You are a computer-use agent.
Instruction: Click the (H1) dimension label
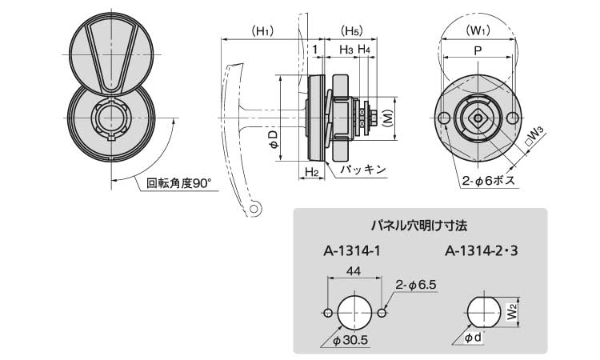[261, 31]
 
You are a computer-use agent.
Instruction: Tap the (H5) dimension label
[350, 31]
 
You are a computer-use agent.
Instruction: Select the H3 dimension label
[346, 50]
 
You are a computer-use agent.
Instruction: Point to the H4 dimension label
[364, 50]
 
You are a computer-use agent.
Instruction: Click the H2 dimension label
[313, 172]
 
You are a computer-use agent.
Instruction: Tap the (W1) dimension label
[478, 32]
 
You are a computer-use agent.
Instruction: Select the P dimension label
[478, 50]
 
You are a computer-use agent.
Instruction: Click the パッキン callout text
[362, 170]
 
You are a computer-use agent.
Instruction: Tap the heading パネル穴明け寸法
[420, 225]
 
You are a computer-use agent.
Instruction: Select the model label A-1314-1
[352, 251]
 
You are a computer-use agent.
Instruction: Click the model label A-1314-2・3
[482, 251]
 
